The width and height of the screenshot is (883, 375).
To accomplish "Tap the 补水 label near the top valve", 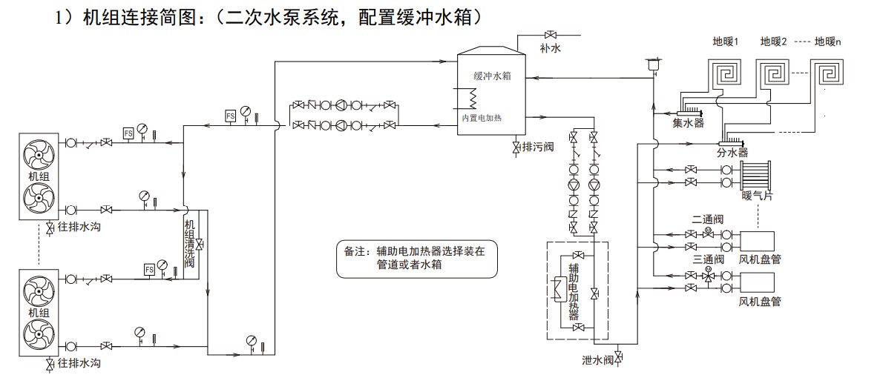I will [550, 49].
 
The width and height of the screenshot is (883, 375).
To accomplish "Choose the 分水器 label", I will [732, 153].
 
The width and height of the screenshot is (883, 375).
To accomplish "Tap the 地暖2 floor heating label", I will [773, 42].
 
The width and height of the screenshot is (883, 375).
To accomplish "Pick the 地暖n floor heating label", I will [827, 42].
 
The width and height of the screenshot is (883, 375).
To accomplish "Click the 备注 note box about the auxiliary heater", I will [417, 259].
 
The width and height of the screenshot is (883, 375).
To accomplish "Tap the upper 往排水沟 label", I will [79, 227].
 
